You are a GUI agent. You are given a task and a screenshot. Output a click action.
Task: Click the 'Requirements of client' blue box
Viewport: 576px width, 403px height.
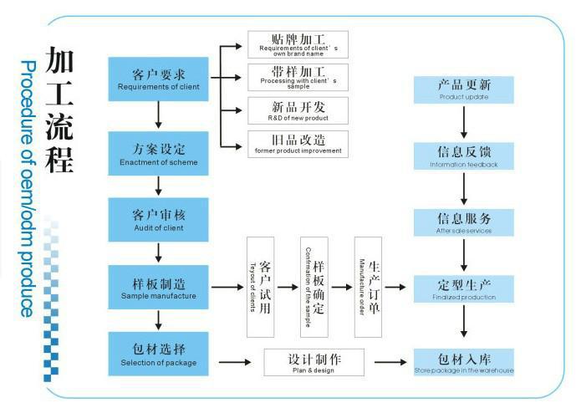click(158, 79)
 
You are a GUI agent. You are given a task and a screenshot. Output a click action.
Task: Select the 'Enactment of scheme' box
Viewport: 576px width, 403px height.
click(158, 153)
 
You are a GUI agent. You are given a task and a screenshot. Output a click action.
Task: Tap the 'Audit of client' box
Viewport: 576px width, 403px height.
click(158, 220)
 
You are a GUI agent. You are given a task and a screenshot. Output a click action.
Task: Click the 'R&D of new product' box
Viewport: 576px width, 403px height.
click(298, 110)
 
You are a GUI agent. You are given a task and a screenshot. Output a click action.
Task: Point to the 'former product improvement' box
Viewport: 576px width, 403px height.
click(298, 143)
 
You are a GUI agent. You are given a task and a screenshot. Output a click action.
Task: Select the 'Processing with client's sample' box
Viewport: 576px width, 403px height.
click(298, 77)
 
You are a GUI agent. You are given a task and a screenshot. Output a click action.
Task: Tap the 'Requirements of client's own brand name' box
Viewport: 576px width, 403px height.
click(298, 44)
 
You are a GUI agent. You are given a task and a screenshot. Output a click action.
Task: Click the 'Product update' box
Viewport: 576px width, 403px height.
click(463, 89)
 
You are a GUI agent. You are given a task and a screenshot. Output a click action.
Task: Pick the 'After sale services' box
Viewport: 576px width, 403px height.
click(463, 222)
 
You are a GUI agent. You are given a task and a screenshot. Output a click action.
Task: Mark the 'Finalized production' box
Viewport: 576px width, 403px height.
click(463, 288)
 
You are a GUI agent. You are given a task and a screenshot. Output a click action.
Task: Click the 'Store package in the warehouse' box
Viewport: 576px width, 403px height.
click(463, 362)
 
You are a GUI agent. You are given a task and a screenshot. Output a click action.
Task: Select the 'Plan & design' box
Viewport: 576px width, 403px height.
click(313, 362)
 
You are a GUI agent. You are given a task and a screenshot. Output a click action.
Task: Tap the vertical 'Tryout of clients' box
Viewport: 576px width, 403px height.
click(260, 287)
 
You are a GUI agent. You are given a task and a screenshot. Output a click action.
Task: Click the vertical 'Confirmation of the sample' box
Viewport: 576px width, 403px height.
click(313, 287)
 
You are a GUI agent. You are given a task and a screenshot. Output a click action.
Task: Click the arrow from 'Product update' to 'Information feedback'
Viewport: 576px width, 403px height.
click(463, 122)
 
